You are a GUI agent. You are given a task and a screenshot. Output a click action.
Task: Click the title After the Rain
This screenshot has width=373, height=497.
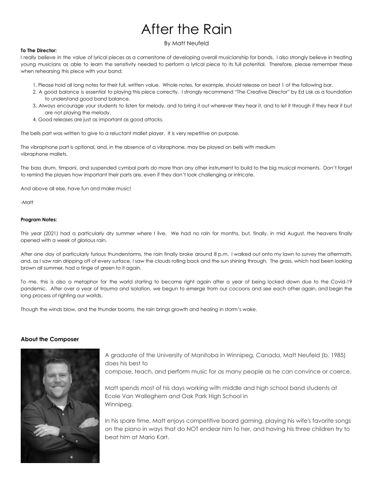186,28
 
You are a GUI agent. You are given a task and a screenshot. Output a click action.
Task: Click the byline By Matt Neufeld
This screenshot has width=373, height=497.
186,43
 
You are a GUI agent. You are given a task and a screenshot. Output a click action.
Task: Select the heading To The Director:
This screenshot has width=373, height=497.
39,51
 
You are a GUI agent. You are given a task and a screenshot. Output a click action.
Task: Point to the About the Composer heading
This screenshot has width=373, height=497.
50,339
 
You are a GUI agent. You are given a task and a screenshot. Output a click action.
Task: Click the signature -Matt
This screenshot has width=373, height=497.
27,202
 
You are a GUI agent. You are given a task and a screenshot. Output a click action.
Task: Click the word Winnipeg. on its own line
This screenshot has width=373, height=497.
119,404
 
